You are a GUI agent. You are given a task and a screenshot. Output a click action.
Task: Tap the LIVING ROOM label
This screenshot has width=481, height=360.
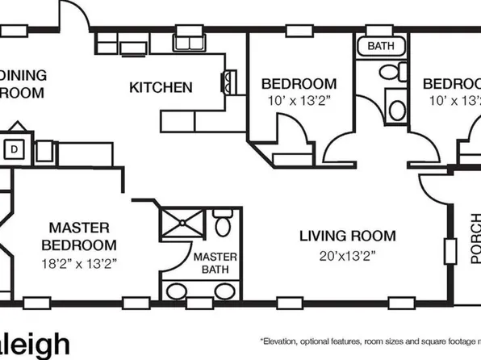[348, 237]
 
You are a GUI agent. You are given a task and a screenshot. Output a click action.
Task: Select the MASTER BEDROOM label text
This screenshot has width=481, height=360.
[78, 236]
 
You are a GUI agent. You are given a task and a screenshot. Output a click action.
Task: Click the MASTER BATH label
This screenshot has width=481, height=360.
[215, 263]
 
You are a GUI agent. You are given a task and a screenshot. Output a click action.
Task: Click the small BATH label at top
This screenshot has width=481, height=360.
[381, 46]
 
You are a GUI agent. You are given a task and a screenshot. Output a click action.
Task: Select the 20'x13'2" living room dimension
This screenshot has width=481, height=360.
[348, 256]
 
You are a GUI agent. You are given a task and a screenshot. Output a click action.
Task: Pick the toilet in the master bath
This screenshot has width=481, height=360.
[224, 223]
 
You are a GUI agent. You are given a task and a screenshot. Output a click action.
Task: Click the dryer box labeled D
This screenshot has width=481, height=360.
[15, 149]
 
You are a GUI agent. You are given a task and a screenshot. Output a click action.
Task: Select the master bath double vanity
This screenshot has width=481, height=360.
[199, 292]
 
